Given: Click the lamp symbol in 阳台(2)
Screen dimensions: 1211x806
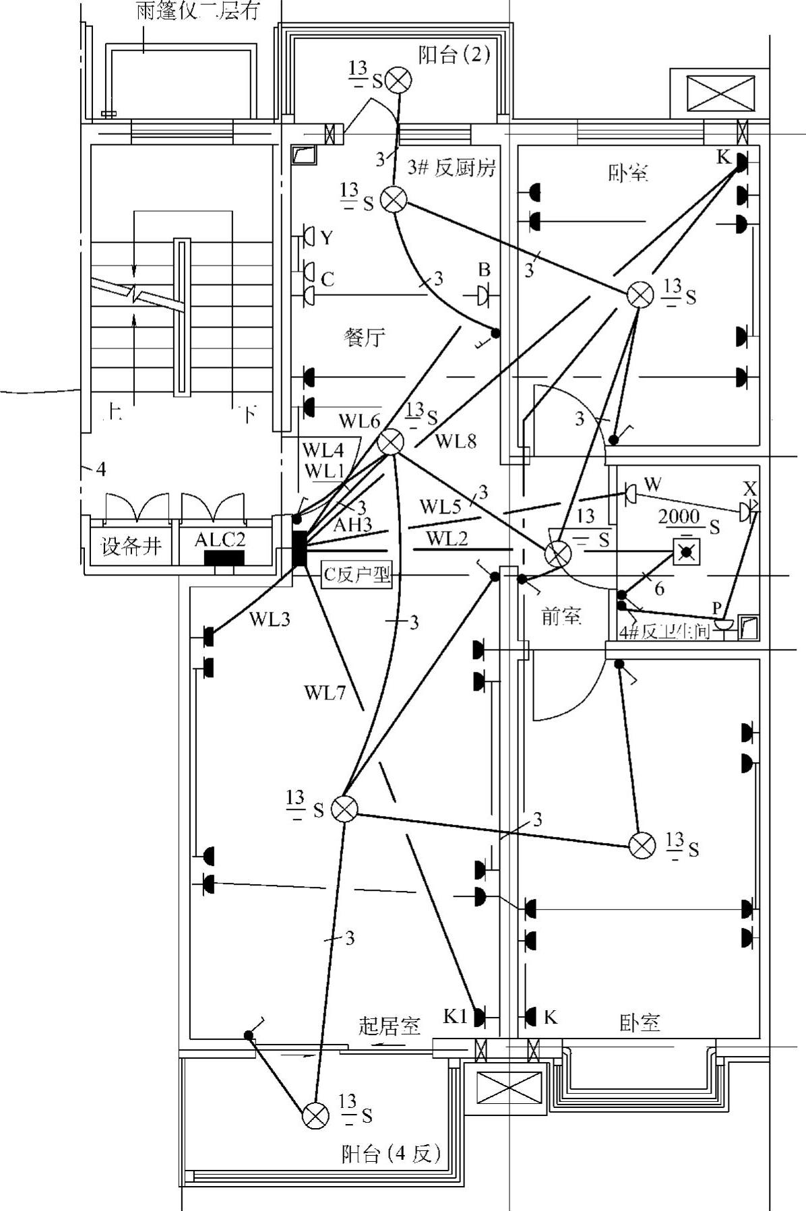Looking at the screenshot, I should [399, 80].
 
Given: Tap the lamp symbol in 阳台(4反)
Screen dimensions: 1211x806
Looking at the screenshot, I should [315, 1115].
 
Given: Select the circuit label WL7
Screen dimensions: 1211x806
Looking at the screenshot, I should [324, 692].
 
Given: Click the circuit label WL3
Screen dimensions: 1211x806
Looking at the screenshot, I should [270, 619].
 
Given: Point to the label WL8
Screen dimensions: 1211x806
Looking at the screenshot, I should [456, 441].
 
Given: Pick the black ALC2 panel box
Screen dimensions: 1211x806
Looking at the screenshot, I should [224, 558].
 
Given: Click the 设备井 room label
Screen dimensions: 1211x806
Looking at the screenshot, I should [131, 545].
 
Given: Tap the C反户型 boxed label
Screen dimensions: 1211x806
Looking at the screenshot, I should [356, 575].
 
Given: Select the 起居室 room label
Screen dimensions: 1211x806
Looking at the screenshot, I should [390, 1026].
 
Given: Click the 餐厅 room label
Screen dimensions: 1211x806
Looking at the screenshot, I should [365, 337].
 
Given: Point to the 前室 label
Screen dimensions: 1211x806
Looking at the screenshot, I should [561, 616].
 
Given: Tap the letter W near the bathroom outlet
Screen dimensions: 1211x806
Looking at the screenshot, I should [652, 484].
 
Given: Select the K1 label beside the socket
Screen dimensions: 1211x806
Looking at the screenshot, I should [456, 1016].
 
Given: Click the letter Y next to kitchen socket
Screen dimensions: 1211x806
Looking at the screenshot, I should [327, 238].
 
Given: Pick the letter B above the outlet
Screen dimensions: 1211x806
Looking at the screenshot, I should [484, 270].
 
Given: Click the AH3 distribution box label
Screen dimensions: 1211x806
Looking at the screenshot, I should [352, 525].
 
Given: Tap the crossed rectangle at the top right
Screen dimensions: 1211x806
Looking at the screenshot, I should [720, 92].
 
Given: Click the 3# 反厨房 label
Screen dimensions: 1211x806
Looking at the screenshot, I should [452, 167].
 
